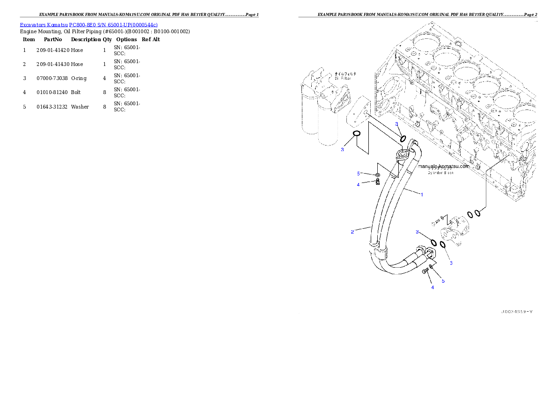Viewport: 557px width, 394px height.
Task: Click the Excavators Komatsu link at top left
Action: [x=88, y=24]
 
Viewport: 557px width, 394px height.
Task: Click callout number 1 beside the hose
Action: [x=421, y=194]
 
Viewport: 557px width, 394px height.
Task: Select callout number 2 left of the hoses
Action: [x=352, y=232]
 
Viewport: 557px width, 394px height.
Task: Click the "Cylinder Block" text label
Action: [x=440, y=173]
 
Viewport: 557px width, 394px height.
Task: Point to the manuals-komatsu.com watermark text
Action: [x=443, y=166]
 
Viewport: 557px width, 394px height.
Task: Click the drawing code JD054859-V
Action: [x=516, y=311]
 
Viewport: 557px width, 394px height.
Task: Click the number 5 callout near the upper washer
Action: [x=359, y=174]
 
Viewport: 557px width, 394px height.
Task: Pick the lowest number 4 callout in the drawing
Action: [x=432, y=287]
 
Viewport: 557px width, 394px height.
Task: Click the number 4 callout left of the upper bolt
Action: [x=359, y=185]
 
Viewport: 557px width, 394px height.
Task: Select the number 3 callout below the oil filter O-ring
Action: [x=343, y=150]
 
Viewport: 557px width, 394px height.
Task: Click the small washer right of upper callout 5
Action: [x=377, y=175]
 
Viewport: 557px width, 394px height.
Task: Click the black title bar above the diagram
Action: [x=418, y=17]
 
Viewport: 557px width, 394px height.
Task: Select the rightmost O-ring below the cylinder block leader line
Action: [x=477, y=213]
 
